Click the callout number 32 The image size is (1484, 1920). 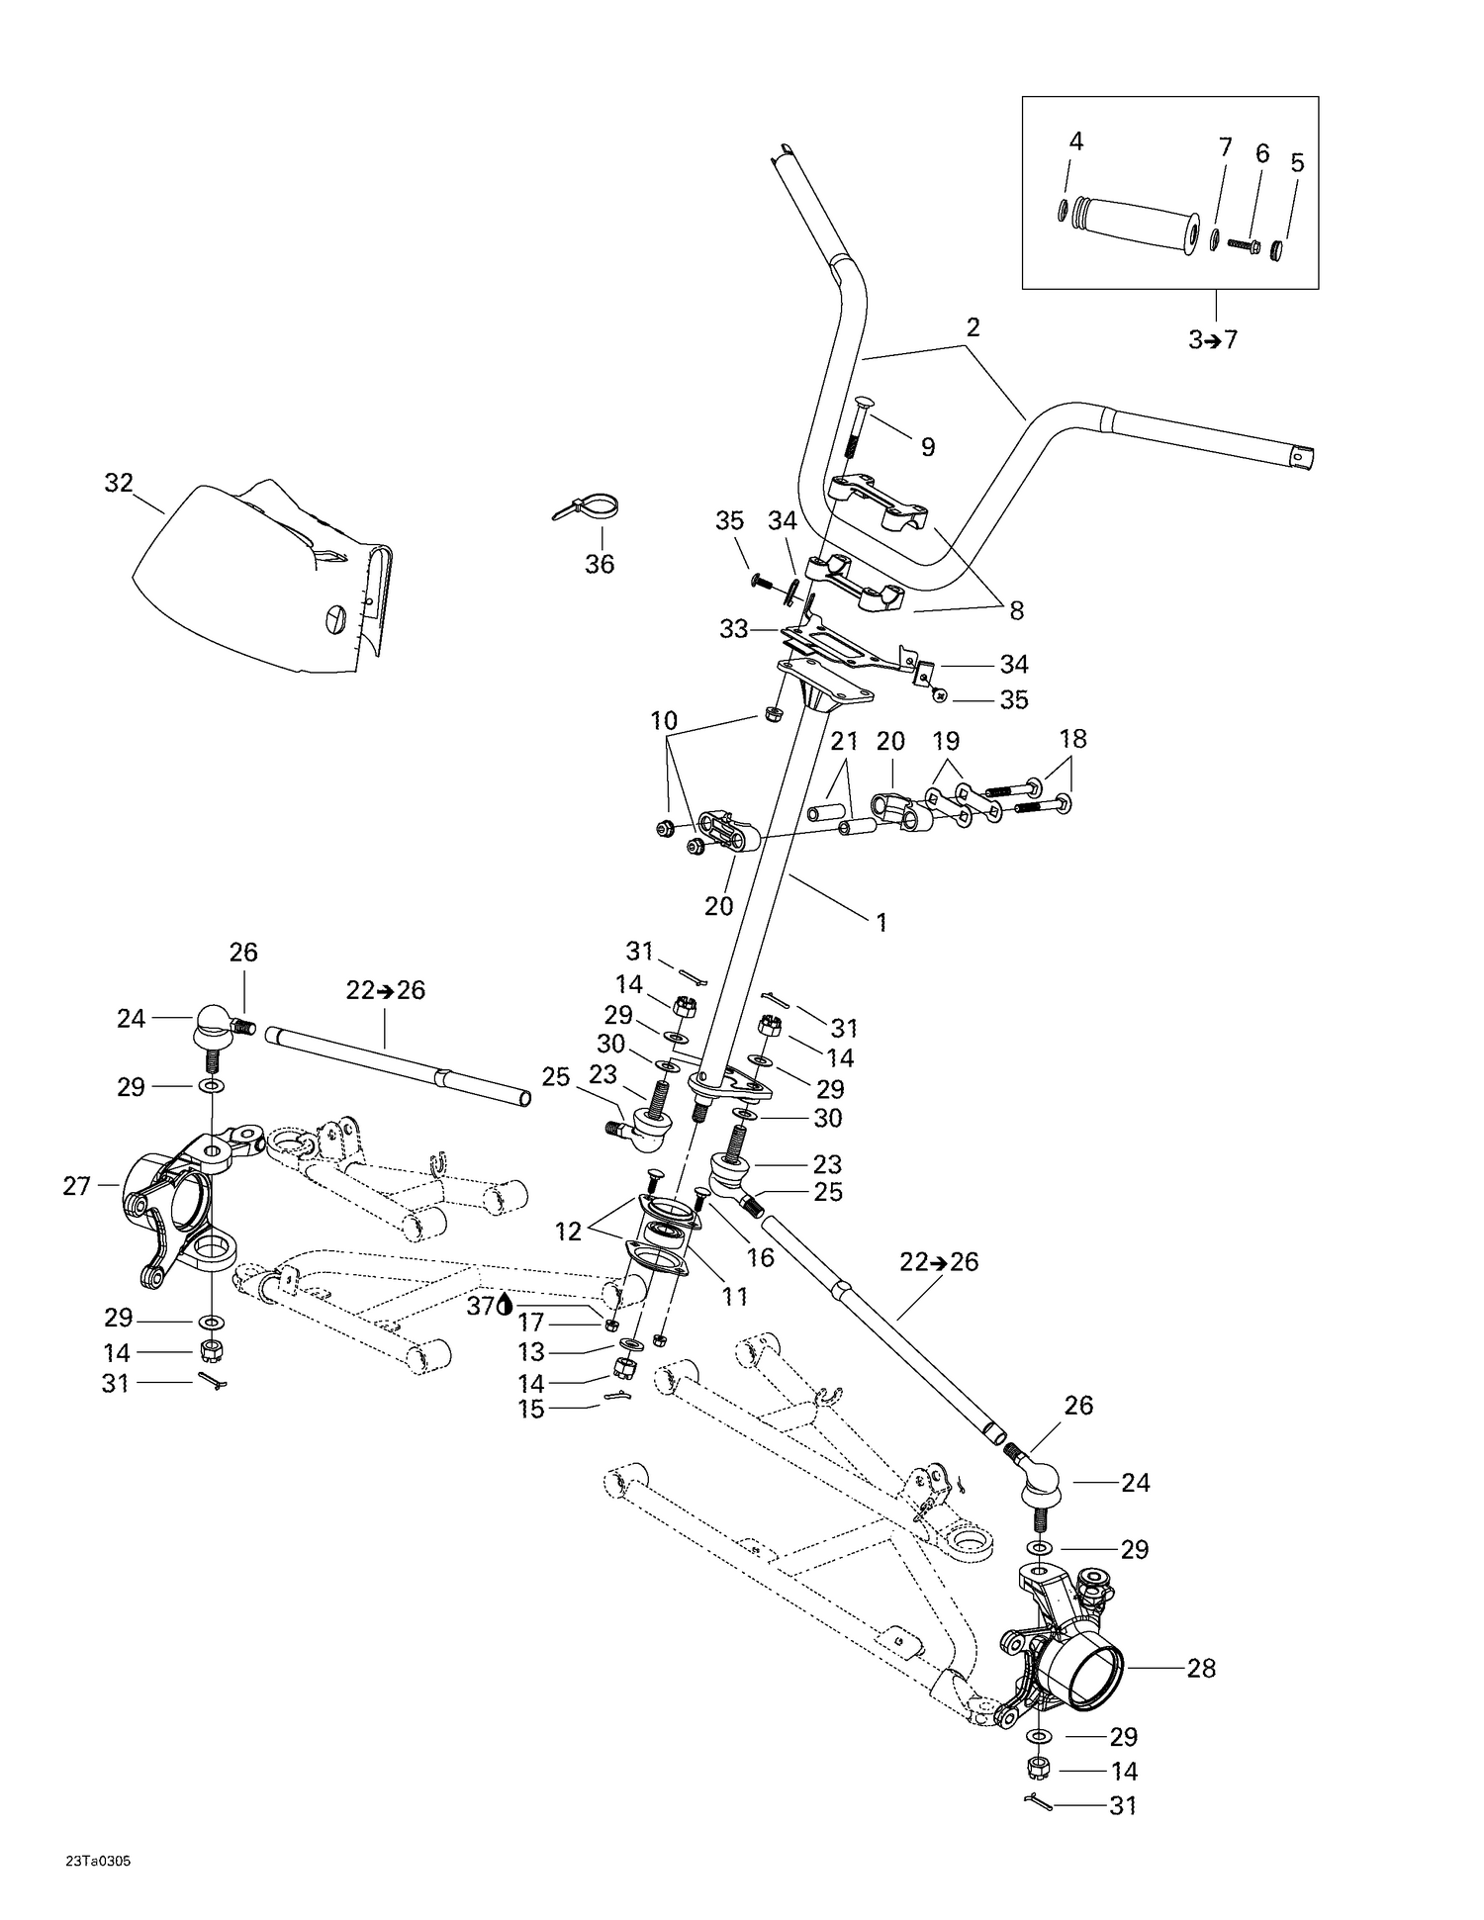119,483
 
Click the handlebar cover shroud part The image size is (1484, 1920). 257,584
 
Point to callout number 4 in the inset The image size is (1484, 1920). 1076,141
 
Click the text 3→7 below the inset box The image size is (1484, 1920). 1213,340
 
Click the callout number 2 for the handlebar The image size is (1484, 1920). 973,327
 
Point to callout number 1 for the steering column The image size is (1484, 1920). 881,923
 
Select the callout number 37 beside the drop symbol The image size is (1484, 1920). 480,1306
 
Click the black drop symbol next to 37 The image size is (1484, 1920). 505,1306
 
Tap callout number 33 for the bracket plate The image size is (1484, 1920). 733,628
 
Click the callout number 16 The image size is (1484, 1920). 760,1257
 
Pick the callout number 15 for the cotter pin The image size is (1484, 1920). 531,1410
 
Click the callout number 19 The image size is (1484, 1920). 946,741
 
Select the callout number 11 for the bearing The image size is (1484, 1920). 734,1295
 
